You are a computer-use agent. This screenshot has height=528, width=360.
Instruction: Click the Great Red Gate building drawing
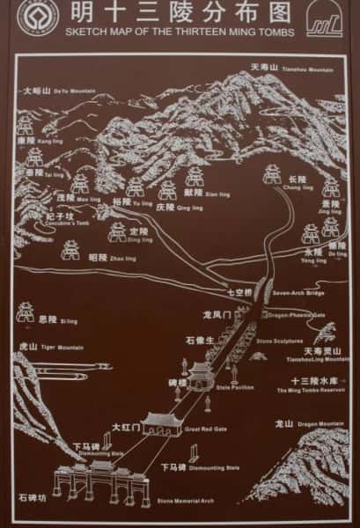click(x=160, y=423)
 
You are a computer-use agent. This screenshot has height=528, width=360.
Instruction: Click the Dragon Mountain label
click(x=305, y=424)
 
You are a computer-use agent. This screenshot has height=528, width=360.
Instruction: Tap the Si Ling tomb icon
click(x=25, y=313)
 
